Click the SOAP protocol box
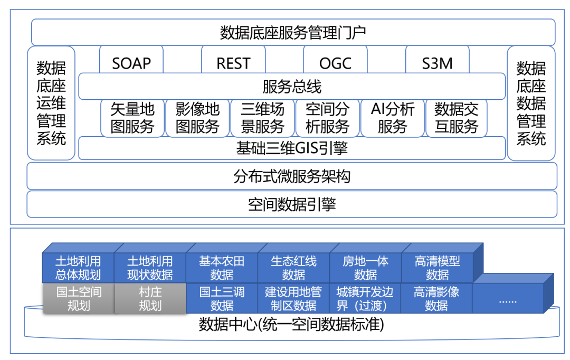(131, 62)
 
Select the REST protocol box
(233, 62)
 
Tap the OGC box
(335, 62)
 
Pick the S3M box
(437, 62)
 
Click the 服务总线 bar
(292, 87)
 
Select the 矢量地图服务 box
(132, 118)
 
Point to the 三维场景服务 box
(262, 118)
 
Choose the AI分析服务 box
(392, 118)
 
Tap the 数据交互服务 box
(457, 118)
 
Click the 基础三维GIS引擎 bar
(292, 148)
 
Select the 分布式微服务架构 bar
(292, 176)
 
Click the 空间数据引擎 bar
(292, 204)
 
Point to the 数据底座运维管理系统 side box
(51, 103)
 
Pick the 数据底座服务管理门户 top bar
(293, 33)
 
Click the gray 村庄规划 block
(150, 299)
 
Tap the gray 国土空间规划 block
(79, 299)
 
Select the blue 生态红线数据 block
(293, 268)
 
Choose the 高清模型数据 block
(437, 268)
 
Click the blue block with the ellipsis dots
(508, 299)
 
